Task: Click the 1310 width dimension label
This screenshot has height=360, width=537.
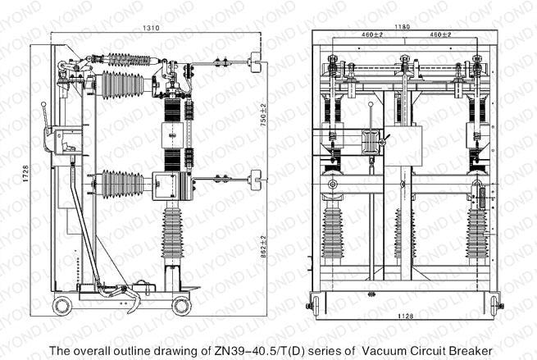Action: [151, 28]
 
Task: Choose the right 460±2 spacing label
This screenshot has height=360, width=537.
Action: [440, 35]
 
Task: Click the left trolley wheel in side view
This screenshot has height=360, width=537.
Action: [62, 305]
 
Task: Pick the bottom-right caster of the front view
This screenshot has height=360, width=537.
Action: [495, 306]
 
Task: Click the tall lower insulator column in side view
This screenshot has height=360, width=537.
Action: [174, 238]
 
